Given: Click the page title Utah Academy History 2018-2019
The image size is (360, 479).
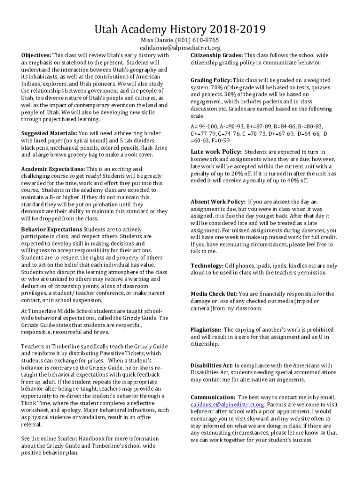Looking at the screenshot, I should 180,30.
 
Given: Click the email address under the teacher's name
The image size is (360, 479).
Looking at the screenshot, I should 180,48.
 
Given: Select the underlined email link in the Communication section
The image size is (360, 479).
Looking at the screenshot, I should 228,405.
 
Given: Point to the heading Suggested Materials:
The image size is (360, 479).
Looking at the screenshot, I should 49,134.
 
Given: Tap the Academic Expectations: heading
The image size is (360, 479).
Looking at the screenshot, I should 53,169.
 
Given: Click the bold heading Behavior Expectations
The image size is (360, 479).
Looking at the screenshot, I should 51,229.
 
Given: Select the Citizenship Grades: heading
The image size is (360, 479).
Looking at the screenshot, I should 216,55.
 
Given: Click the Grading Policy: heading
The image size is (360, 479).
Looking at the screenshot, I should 211,80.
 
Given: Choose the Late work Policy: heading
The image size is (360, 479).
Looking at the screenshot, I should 216,152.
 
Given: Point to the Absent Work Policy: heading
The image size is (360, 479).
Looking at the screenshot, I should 217,202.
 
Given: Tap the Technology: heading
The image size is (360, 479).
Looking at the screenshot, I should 207,266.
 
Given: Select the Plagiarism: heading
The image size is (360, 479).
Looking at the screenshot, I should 206,330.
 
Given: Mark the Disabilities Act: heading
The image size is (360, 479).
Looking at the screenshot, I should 211,365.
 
